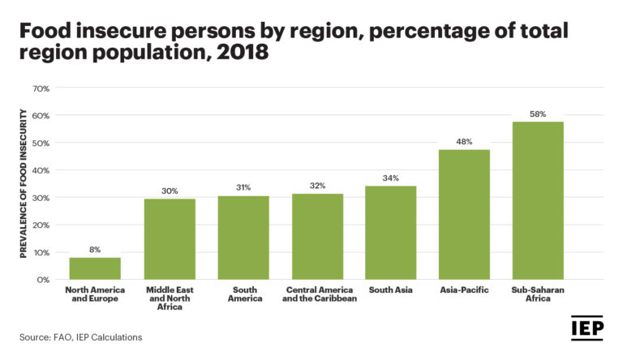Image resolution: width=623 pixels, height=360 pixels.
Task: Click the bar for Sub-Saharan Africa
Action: coord(538,200)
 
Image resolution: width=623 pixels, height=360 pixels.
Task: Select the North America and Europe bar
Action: coord(95,268)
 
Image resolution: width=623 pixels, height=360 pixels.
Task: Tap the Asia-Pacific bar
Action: coord(464,214)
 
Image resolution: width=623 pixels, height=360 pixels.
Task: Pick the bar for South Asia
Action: coord(391,233)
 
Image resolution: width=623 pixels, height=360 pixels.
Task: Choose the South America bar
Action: coord(243,238)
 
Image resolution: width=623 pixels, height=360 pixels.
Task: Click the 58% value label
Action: coord(538,114)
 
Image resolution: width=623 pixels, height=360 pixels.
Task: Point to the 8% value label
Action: coord(95,250)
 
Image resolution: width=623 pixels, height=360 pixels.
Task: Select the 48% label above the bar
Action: coord(464,141)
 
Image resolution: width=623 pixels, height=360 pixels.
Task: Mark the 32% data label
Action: coord(317,186)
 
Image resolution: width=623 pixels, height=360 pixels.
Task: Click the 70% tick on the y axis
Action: coord(41,88)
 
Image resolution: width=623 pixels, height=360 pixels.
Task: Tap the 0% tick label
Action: coord(43,280)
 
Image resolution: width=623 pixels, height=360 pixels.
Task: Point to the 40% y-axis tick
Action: coord(41,170)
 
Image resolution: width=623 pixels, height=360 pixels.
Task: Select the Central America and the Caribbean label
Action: coord(317,294)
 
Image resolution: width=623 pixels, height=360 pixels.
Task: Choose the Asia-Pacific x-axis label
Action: coord(464,289)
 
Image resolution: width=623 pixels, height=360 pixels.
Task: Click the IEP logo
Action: coord(586,328)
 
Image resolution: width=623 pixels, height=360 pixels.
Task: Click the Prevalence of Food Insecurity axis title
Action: coord(24,183)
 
